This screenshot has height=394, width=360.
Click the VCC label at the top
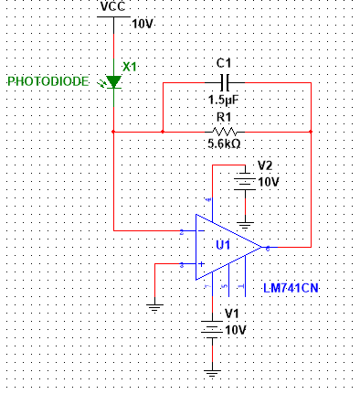click(x=113, y=7)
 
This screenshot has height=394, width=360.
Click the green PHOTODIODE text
click(x=48, y=82)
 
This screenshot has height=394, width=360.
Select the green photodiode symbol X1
click(x=113, y=81)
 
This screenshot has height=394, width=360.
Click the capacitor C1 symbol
click(x=222, y=81)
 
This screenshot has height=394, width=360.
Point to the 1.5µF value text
click(x=223, y=100)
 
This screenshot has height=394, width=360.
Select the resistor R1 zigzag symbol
click(x=222, y=132)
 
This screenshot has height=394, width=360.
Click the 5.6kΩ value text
click(x=223, y=144)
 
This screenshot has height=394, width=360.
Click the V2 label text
click(x=265, y=166)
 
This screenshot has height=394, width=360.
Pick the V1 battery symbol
click(x=212, y=329)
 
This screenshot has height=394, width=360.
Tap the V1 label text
click(x=233, y=314)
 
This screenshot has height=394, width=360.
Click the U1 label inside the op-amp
click(x=223, y=245)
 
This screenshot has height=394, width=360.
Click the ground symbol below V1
click(x=212, y=372)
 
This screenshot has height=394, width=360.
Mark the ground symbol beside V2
click(x=244, y=222)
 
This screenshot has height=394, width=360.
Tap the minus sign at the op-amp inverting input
click(x=200, y=231)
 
